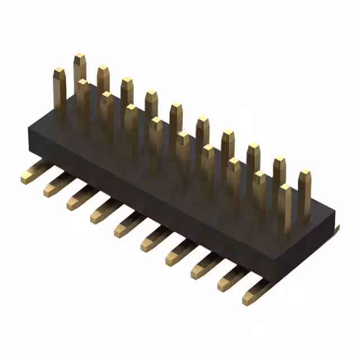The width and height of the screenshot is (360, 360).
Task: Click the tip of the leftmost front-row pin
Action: click(59, 71)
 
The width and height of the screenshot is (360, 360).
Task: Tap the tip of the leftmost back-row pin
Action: click(79, 56)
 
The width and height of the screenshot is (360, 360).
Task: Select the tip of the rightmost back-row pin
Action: click(304, 171)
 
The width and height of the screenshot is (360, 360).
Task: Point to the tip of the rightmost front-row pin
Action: click(285, 187)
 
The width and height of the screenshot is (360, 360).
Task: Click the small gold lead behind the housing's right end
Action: click(336, 227)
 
